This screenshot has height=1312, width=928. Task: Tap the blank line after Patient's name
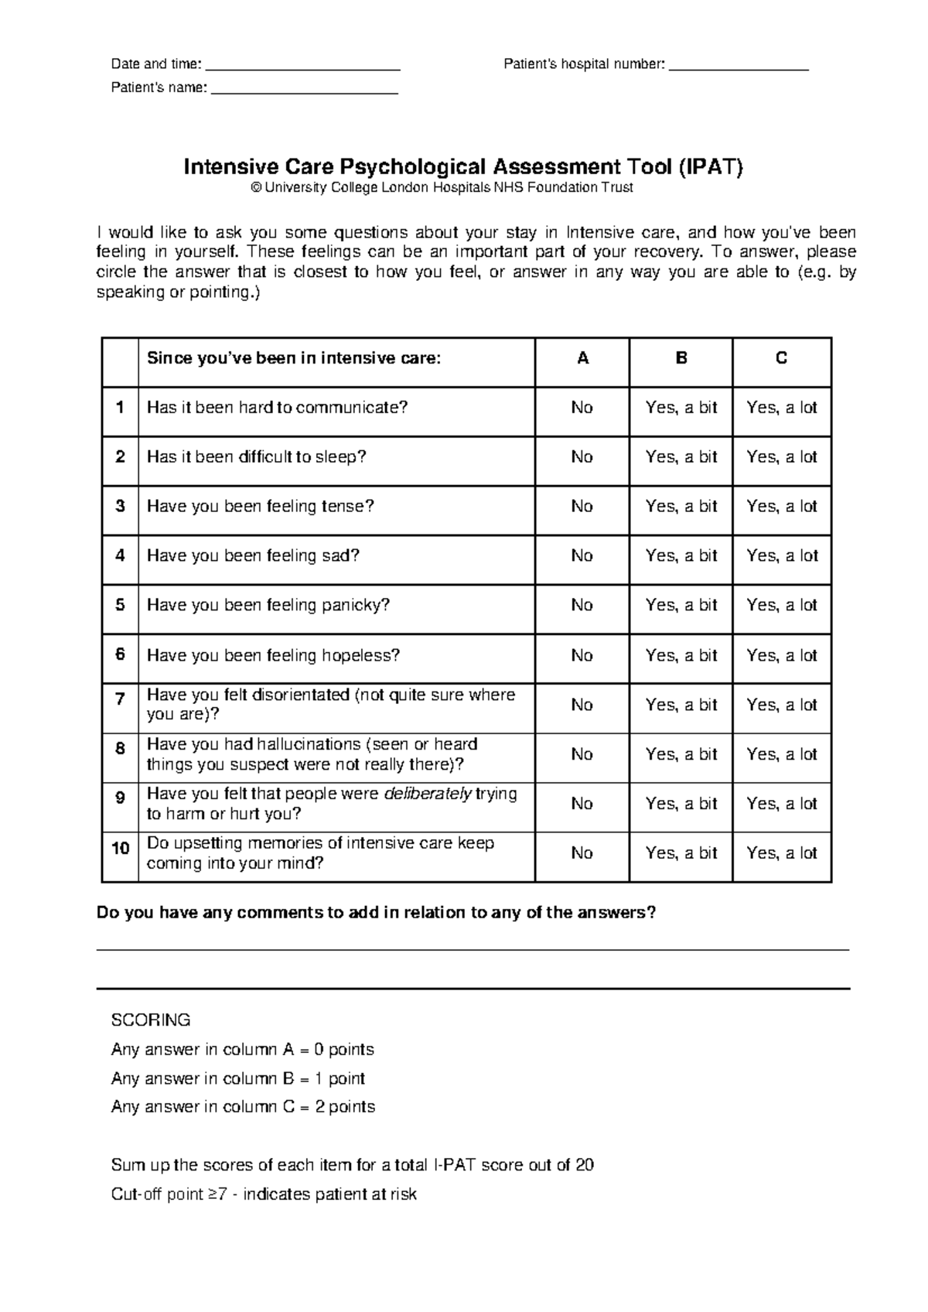(304, 92)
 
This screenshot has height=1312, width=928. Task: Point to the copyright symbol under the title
(257, 188)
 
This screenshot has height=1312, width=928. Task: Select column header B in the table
(681, 358)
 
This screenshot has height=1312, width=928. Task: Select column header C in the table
(781, 358)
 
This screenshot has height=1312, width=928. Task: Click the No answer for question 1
(582, 408)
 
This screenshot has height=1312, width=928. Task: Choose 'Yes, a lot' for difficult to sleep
(781, 457)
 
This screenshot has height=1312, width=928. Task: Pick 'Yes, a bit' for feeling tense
(681, 507)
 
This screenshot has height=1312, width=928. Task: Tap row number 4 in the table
(120, 555)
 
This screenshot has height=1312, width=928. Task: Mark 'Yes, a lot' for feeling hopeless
(781, 656)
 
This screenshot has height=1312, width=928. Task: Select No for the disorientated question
(582, 705)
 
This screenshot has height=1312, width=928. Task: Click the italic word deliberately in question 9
(427, 794)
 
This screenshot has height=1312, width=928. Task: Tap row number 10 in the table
(120, 849)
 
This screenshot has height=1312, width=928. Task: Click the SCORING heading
(151, 1020)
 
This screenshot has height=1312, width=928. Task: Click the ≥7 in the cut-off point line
(222, 1194)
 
